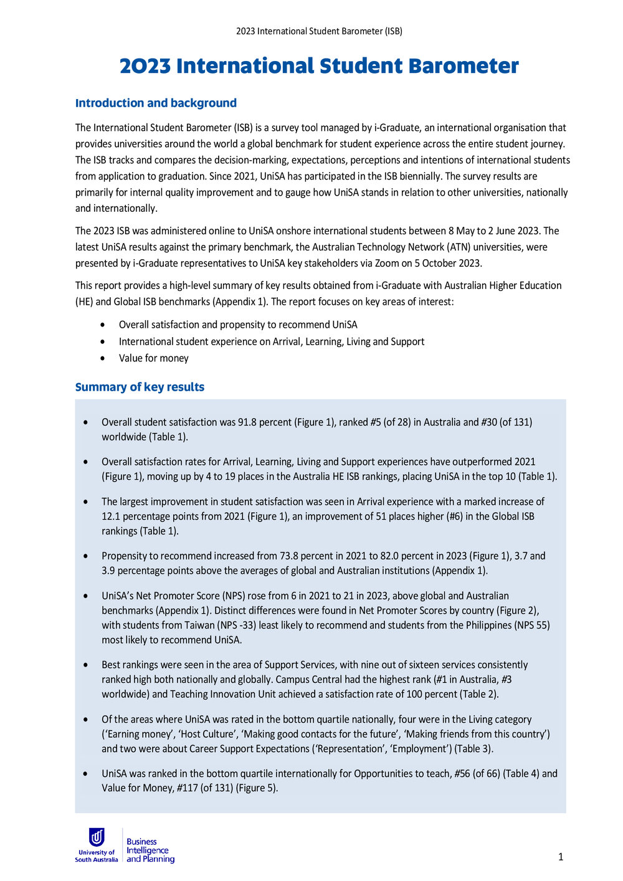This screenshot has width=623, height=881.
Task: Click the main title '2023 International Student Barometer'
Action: pyautogui.click(x=319, y=66)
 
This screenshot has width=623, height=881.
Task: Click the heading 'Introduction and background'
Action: pyautogui.click(x=156, y=103)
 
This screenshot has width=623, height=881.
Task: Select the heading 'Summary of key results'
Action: pyautogui.click(x=140, y=387)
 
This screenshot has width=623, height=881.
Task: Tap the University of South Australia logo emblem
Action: pyautogui.click(x=97, y=837)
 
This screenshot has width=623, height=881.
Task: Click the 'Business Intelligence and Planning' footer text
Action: pyautogui.click(x=150, y=850)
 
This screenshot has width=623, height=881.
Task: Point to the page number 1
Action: pyautogui.click(x=561, y=857)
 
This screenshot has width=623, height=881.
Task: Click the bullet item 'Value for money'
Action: pyautogui.click(x=153, y=358)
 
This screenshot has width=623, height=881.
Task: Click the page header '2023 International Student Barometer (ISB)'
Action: pyautogui.click(x=319, y=31)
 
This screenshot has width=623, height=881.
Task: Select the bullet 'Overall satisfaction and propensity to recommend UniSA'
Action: pyautogui.click(x=238, y=325)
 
